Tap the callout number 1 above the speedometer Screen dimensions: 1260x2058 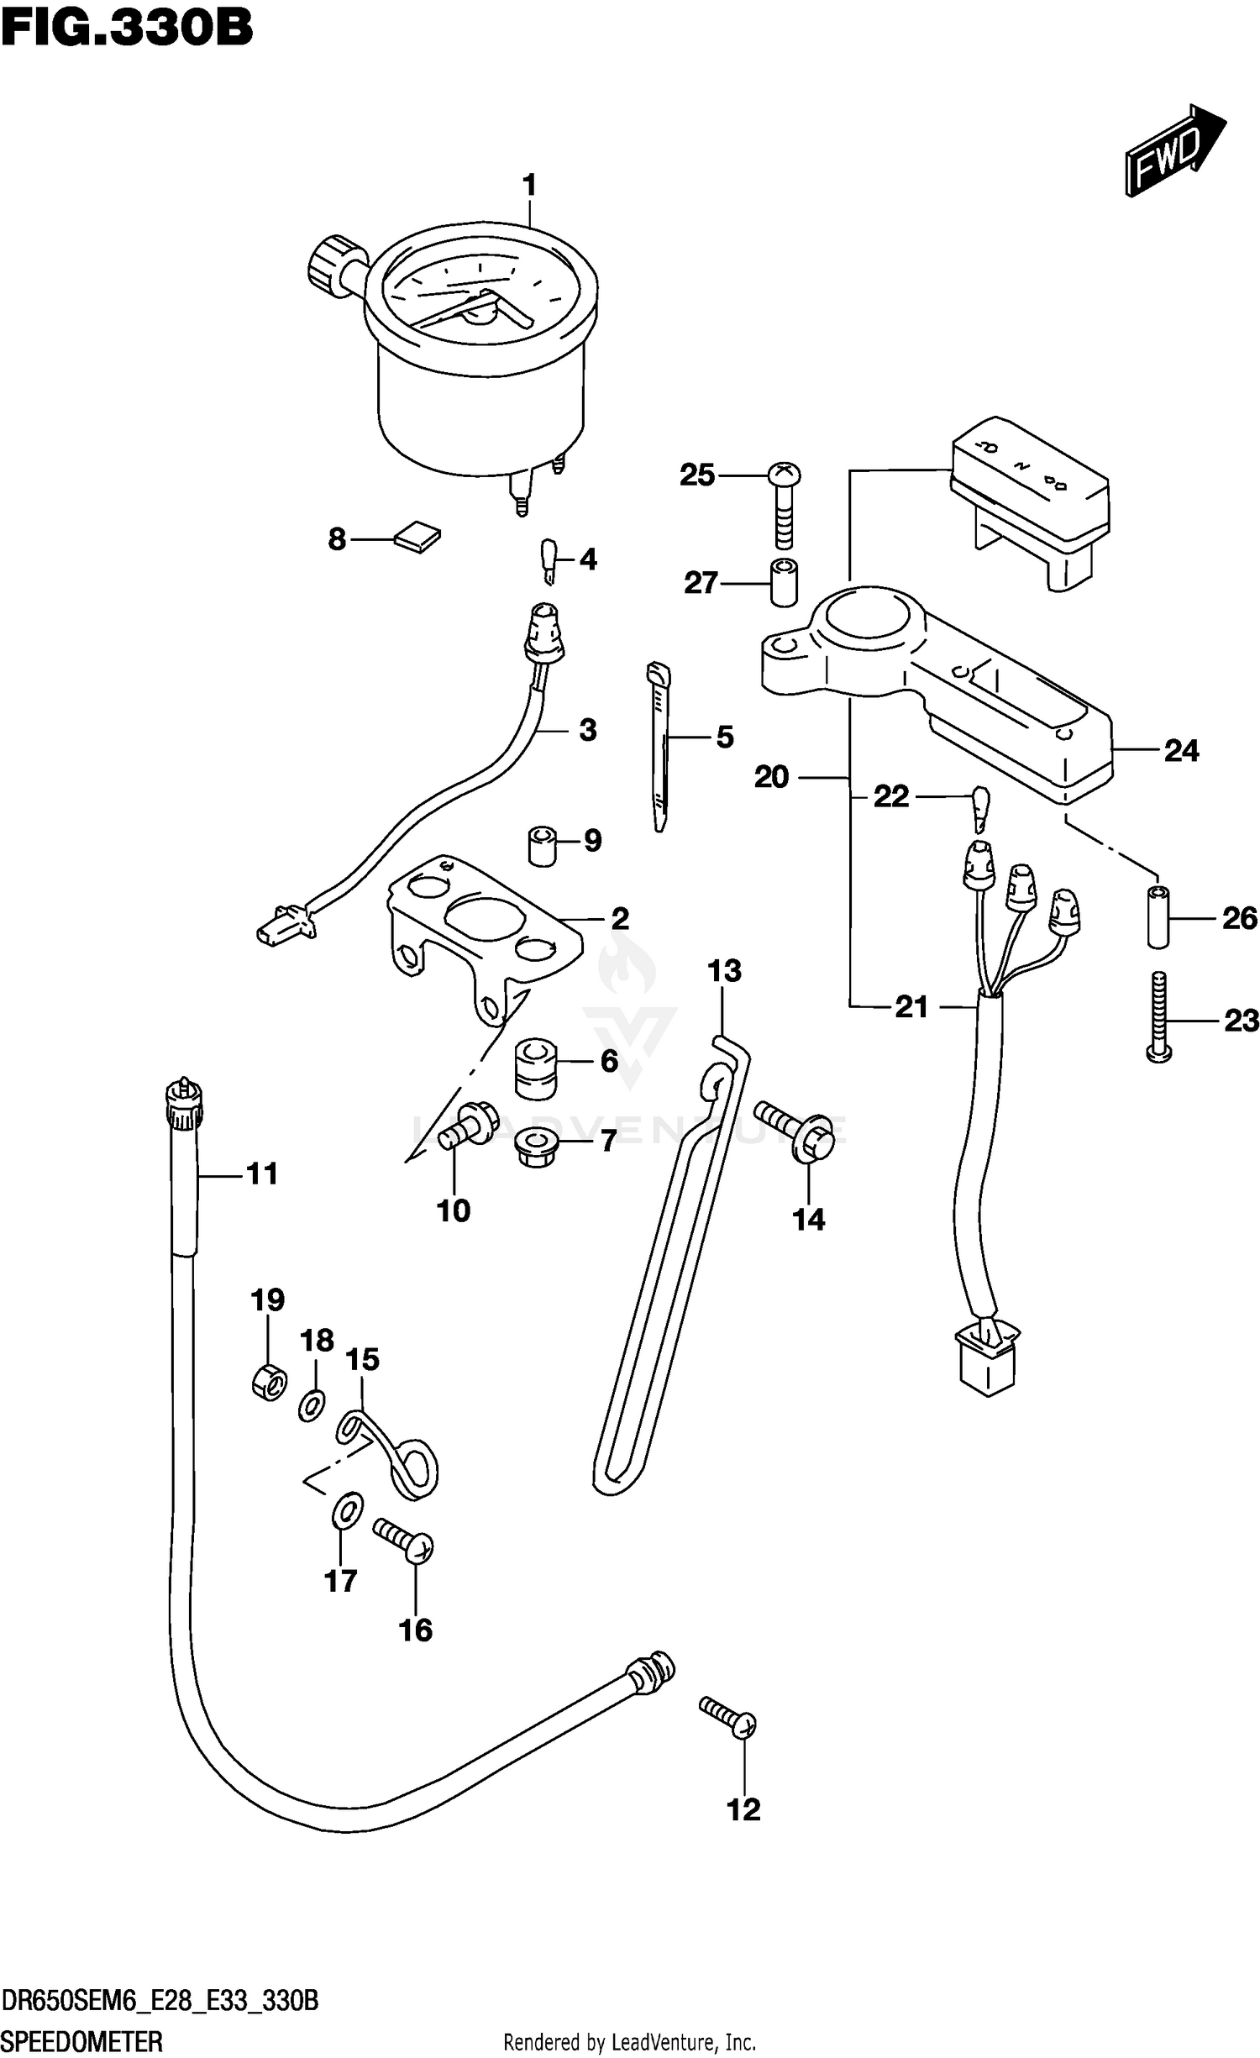(529, 185)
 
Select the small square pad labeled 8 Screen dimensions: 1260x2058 (417, 537)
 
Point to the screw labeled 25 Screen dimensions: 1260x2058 (784, 504)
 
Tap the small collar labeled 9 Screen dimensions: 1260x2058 (543, 846)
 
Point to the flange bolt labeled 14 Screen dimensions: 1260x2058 (795, 1130)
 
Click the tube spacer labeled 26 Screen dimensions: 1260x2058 (1158, 916)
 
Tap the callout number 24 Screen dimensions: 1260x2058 (1181, 750)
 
